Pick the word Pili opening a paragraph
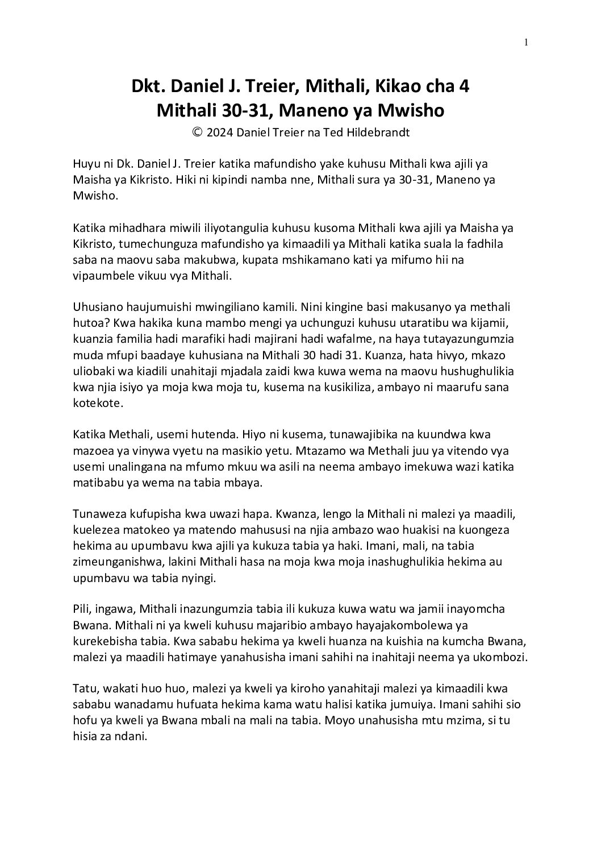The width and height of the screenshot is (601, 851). (x=82, y=609)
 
